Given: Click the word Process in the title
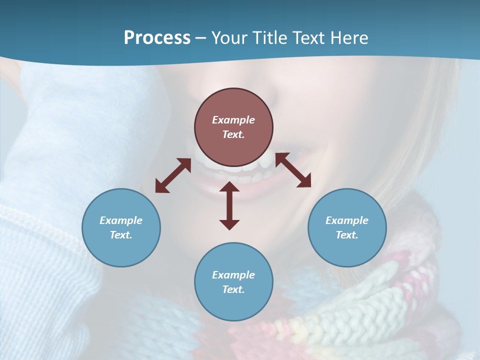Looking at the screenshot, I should pos(157,38).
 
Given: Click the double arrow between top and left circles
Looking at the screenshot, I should pos(173,175).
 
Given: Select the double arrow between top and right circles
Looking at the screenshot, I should pos(293,170).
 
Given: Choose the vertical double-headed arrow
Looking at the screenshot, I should pos(229,205).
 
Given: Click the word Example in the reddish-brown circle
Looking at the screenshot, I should pos(233,120).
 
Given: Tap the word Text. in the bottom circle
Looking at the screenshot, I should pos(233,289).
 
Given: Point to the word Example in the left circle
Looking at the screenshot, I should pos(121,220).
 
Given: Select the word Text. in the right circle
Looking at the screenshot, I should pos(347,235).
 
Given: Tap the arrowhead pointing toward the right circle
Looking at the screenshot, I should pos(304,181).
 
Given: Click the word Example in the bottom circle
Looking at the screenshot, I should pos(233,275).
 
